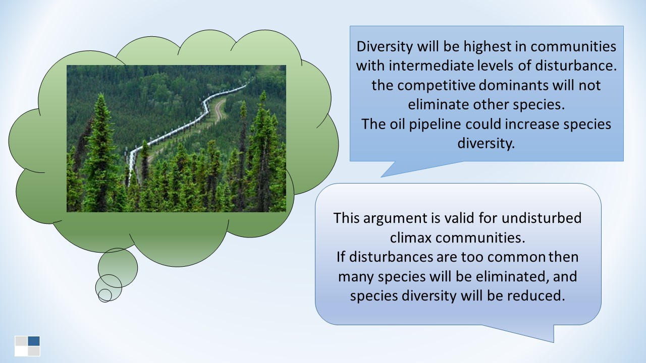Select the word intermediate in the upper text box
[431, 66]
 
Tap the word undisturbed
[542, 218]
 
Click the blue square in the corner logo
[34, 341]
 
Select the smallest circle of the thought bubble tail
[104, 295]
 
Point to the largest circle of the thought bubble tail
[118, 268]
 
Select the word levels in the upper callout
[495, 66]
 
